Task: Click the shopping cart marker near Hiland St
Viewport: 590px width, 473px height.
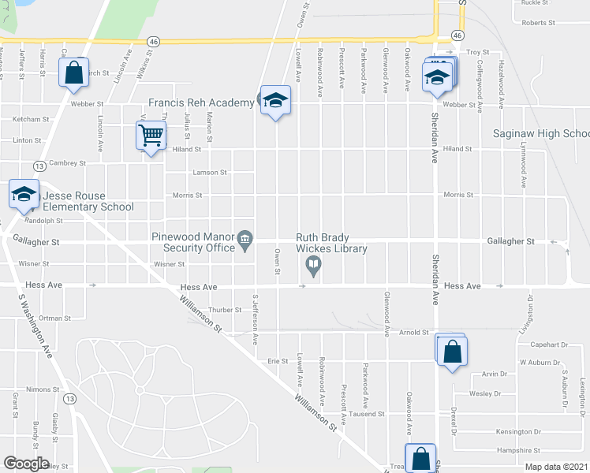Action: click(151, 135)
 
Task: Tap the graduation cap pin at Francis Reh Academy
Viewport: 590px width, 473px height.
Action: click(275, 100)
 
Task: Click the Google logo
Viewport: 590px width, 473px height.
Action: click(26, 464)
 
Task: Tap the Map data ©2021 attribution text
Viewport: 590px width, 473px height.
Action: click(556, 467)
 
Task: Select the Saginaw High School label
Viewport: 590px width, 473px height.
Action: click(541, 134)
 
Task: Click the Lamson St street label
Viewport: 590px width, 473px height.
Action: click(211, 172)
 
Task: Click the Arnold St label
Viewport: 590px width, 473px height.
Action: click(413, 333)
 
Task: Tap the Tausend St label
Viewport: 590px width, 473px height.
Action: click(367, 413)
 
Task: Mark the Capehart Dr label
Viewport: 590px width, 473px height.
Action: click(549, 345)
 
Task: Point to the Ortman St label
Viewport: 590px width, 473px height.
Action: click(54, 318)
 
